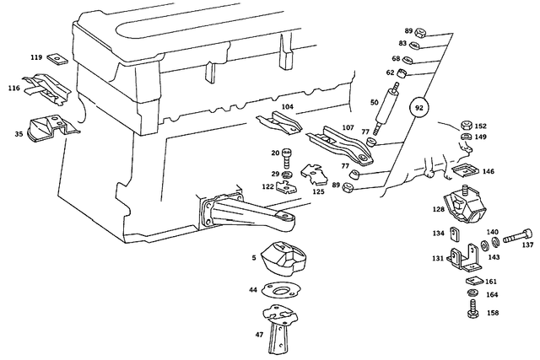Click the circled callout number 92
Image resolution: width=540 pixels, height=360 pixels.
coord(419,107)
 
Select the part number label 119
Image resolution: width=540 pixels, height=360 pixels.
coord(36,58)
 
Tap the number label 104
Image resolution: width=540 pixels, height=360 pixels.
coord(288,107)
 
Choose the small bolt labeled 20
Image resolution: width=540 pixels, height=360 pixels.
coord(287,154)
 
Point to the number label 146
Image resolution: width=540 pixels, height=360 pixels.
coord(489,170)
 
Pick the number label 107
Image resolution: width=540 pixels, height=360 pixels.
coord(347,127)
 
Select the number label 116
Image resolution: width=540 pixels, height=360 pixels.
coord(14,88)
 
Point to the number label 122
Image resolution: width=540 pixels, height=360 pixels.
coord(267,186)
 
